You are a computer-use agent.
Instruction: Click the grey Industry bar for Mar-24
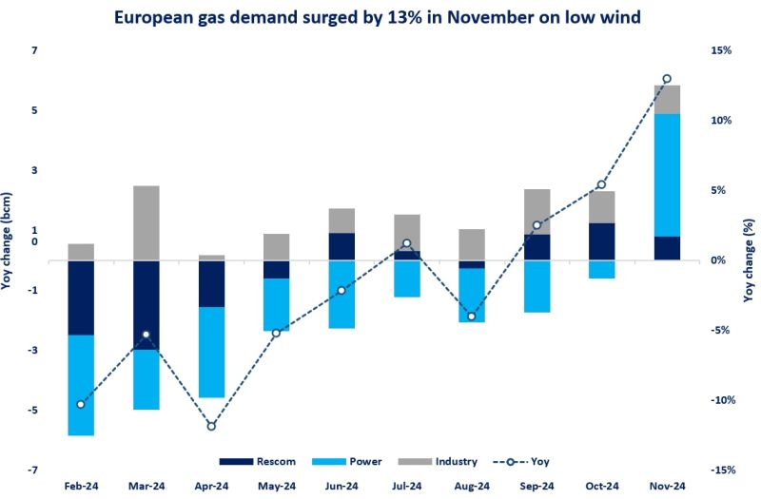pyautogui.click(x=146, y=223)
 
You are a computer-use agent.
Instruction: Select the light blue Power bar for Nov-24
pyautogui.click(x=666, y=175)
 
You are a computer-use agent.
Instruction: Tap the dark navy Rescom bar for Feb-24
pyautogui.click(x=81, y=297)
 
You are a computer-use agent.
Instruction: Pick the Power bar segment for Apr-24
pyautogui.click(x=211, y=352)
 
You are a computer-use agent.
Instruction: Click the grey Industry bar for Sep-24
pyautogui.click(x=537, y=211)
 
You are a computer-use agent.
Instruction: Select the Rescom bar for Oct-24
pyautogui.click(x=601, y=241)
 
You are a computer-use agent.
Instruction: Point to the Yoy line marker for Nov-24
pyautogui.click(x=666, y=79)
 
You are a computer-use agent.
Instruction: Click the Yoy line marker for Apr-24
pyautogui.click(x=211, y=427)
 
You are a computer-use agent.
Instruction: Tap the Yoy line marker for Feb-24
pyautogui.click(x=81, y=404)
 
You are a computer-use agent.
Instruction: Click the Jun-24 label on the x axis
pyautogui.click(x=341, y=486)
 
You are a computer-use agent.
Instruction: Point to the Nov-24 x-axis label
pyautogui.click(x=666, y=486)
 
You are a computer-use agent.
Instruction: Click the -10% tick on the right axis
pyautogui.click(x=718, y=400)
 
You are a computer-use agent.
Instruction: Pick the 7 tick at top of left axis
pyautogui.click(x=33, y=50)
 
